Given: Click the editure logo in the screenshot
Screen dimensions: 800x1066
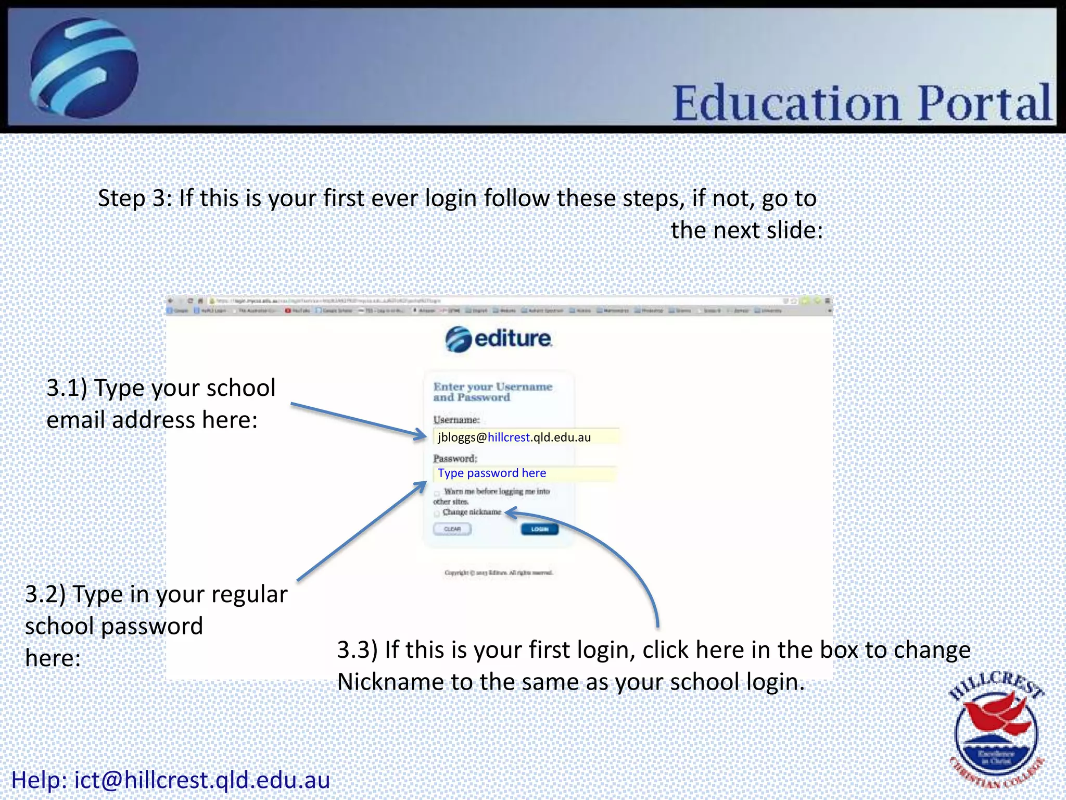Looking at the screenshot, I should coord(499,339).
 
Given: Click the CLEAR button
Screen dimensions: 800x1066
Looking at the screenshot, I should coord(452,529).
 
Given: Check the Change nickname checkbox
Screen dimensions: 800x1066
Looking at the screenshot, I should coord(437,513).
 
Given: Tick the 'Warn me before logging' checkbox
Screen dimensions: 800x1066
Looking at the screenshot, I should coord(437,493).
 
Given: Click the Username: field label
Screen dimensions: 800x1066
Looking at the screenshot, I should coord(456,420).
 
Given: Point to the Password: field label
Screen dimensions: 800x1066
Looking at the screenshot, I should coord(455,458).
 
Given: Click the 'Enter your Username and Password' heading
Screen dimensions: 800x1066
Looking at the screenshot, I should coord(492,392).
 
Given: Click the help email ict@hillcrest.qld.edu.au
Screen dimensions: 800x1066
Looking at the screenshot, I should coord(202,780).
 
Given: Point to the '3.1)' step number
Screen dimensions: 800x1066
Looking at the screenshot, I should coord(67,388).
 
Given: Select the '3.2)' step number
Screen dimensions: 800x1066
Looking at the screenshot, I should coord(45,594).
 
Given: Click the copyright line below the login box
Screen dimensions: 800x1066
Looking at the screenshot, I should coord(499,573).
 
